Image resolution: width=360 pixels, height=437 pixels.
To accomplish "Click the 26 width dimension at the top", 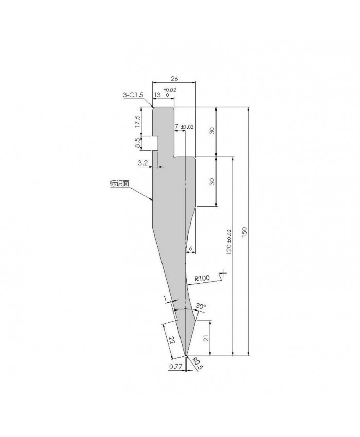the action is click(174, 79).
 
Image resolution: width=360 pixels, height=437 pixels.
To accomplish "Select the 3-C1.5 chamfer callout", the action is click(133, 95).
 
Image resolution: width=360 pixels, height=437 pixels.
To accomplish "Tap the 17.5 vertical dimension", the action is click(137, 121).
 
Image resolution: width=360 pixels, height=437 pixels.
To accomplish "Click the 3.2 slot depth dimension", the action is click(143, 163).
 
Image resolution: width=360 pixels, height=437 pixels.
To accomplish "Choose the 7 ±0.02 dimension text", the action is click(184, 127).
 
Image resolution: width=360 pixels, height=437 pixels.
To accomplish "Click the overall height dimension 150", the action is click(244, 232).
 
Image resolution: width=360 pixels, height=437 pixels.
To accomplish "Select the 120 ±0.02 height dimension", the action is click(229, 242).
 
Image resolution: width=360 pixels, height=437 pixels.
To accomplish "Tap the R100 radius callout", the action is click(202, 278).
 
